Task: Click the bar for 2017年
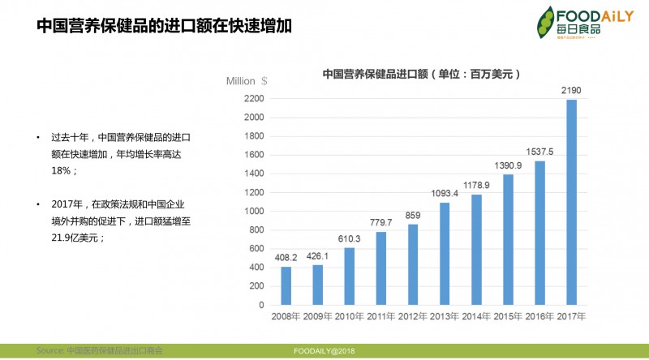[x=572, y=203]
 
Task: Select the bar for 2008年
[x=286, y=286]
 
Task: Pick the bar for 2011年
[x=381, y=268]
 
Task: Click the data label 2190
[x=572, y=90]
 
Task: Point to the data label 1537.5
[x=539, y=152]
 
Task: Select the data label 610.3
[x=350, y=238]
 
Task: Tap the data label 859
[x=414, y=215]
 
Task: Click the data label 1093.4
[x=445, y=193]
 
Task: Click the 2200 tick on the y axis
[x=254, y=99]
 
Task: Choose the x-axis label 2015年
[x=508, y=315]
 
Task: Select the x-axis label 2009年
[x=317, y=315]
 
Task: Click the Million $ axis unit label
[x=247, y=80]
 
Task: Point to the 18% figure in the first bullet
[x=64, y=171]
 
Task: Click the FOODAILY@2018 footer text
[x=325, y=350]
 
